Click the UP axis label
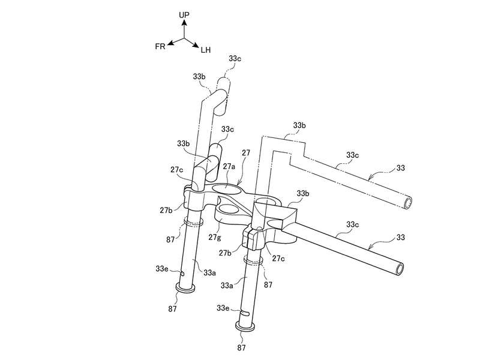click(184, 14)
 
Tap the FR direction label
click(160, 47)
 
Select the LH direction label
click(206, 50)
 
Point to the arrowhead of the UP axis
click(184, 22)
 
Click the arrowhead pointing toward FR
click(171, 43)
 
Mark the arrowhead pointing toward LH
click(196, 46)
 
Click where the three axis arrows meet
click(184, 38)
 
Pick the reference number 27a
click(229, 166)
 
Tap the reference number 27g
click(215, 236)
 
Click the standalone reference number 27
click(246, 152)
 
